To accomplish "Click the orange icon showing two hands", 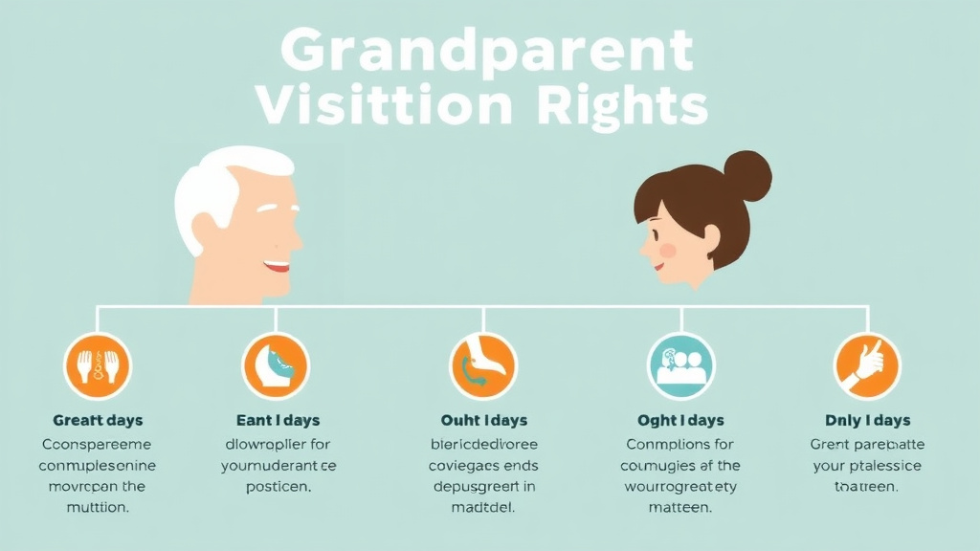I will [98, 365].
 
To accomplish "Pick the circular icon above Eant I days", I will [276, 365].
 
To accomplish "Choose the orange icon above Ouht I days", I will [483, 365].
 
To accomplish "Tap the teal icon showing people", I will [681, 365].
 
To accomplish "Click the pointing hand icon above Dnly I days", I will [867, 365].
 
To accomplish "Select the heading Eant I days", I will [278, 420].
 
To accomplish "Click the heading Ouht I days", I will [483, 420].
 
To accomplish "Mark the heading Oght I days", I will [680, 420].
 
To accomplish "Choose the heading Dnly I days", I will [867, 420].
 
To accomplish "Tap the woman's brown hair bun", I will [746, 176].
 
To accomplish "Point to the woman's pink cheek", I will [668, 250].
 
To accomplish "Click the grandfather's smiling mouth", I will [277, 265].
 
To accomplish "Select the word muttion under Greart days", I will [98, 507].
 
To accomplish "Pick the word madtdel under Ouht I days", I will [483, 507].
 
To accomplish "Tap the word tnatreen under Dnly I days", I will [867, 486].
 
